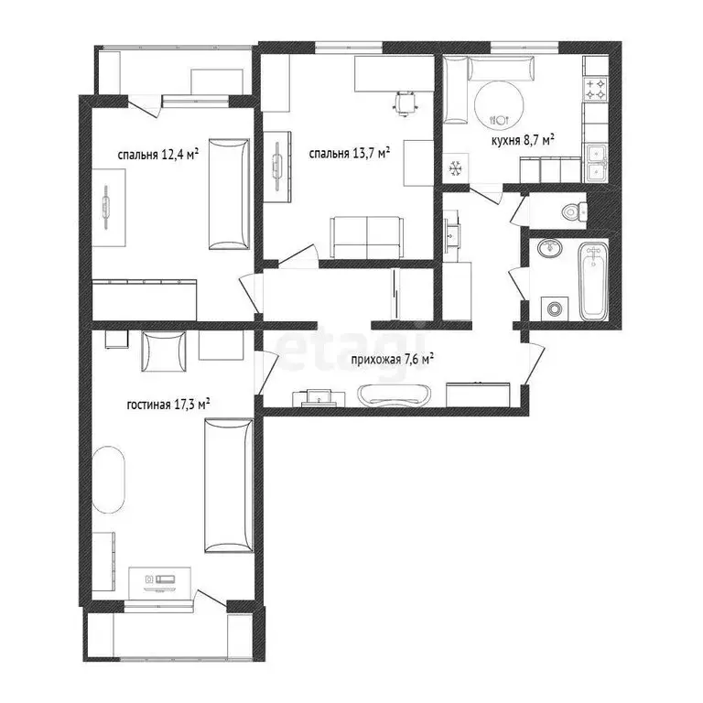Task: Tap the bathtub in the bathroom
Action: point(592,280)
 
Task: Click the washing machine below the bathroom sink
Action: point(554,307)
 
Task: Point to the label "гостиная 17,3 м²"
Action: point(169,402)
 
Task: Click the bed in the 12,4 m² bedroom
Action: point(228,194)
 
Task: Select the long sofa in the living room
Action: point(228,485)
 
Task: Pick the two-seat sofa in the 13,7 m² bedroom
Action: point(366,237)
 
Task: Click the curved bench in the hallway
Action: point(395,395)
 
